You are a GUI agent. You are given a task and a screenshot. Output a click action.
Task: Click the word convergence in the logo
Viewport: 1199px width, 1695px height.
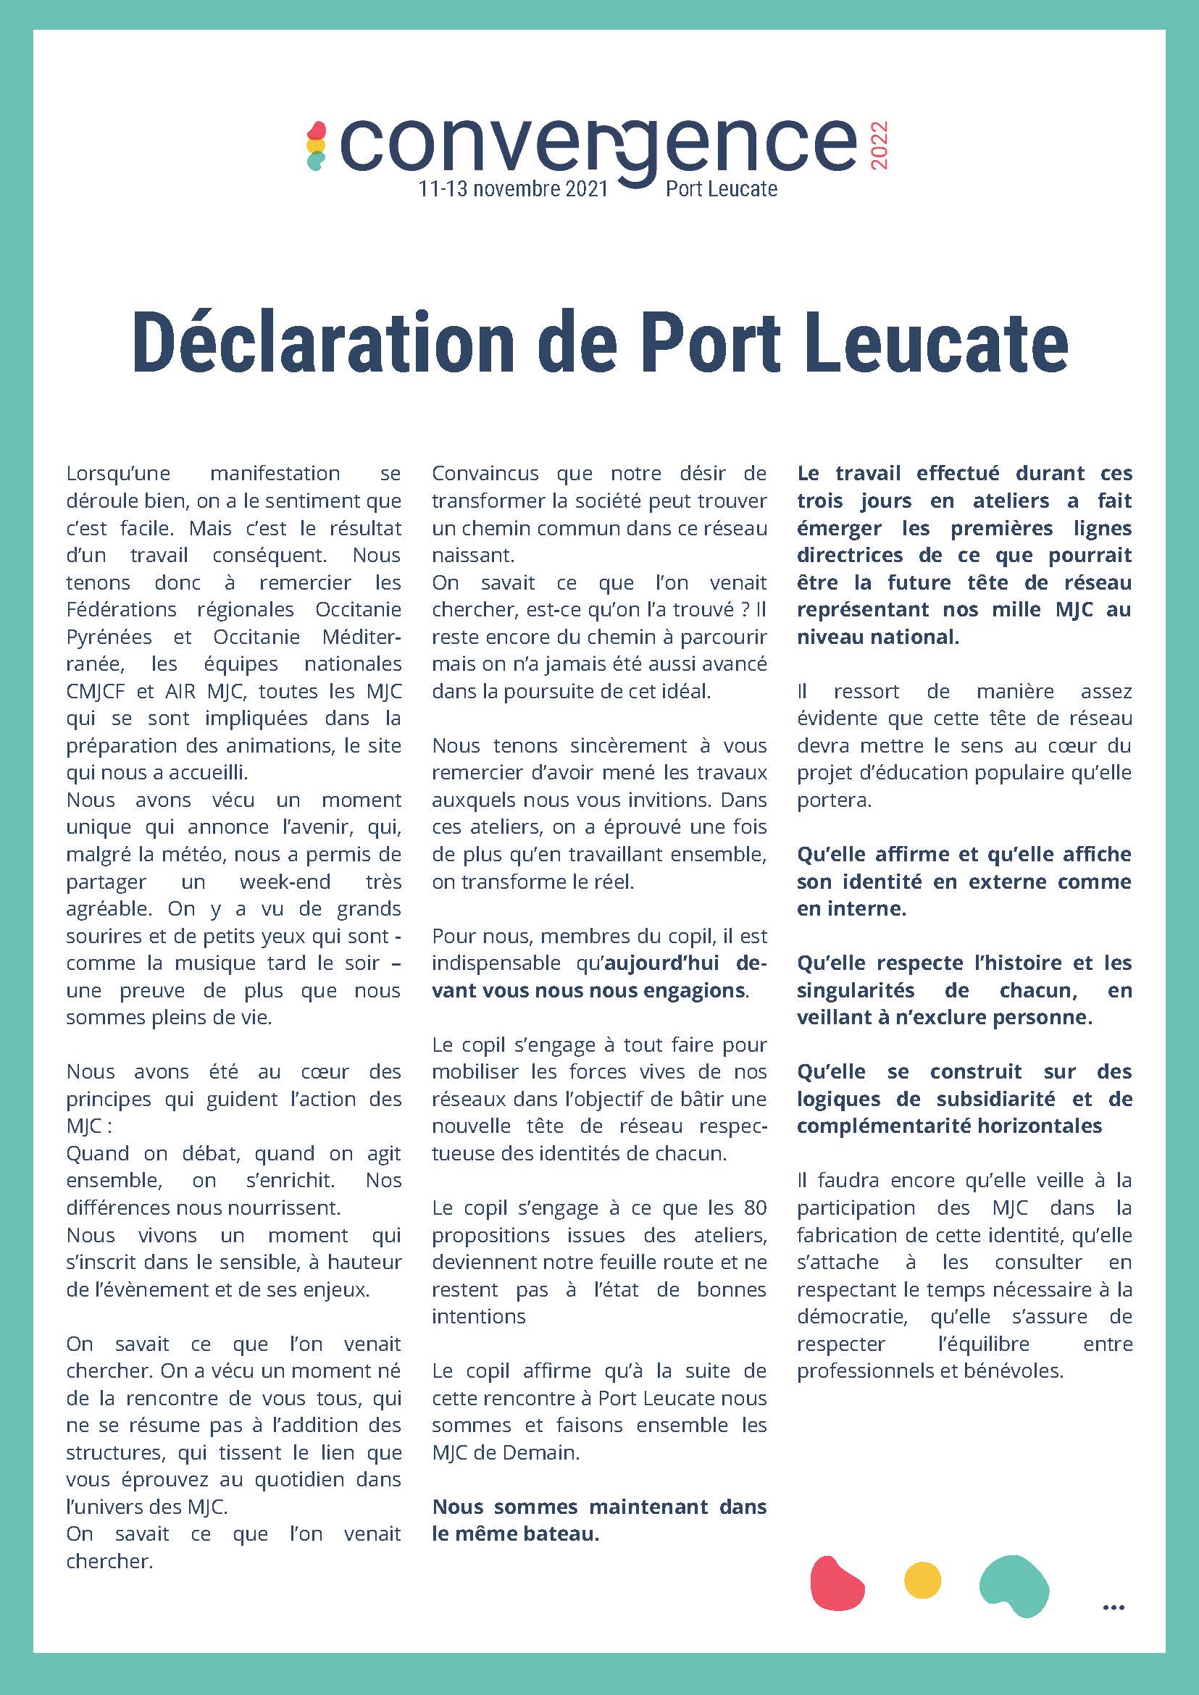point(598,145)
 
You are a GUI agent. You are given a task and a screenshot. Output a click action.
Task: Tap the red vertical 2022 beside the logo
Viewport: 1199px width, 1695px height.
point(880,146)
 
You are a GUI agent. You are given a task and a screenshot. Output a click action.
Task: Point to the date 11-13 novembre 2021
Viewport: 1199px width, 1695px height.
point(513,189)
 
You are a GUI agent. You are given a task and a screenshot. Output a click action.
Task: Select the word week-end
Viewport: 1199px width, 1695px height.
point(285,882)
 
